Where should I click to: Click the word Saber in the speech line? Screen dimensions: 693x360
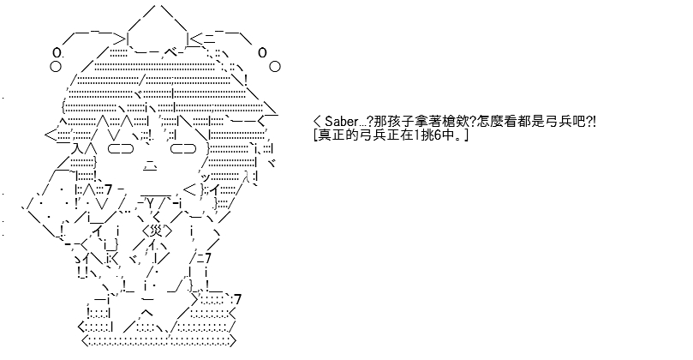[342, 121]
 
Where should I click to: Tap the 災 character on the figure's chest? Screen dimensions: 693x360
[157, 231]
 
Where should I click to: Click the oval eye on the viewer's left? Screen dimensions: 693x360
[120, 149]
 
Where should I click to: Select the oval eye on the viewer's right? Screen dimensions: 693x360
[183, 149]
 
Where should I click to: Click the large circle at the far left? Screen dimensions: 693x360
[55, 67]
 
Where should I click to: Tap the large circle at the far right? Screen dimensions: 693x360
[274, 67]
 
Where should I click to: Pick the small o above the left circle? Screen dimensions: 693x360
[57, 53]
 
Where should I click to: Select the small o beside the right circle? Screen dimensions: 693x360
[262, 52]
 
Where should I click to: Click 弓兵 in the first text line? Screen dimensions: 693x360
[559, 121]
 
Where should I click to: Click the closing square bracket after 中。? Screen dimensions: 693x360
[466, 135]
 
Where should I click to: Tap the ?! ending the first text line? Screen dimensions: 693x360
[590, 121]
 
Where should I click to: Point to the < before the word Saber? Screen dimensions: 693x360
[317, 121]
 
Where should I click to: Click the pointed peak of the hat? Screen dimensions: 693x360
[157, 6]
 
